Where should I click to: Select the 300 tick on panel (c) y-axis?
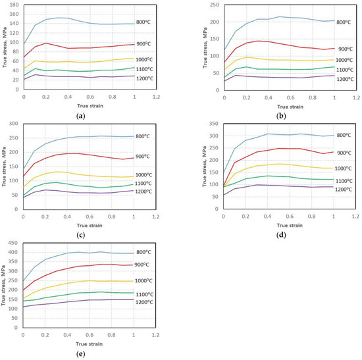(15, 123)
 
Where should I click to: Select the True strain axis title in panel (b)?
(272, 106)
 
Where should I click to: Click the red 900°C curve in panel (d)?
(290, 149)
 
